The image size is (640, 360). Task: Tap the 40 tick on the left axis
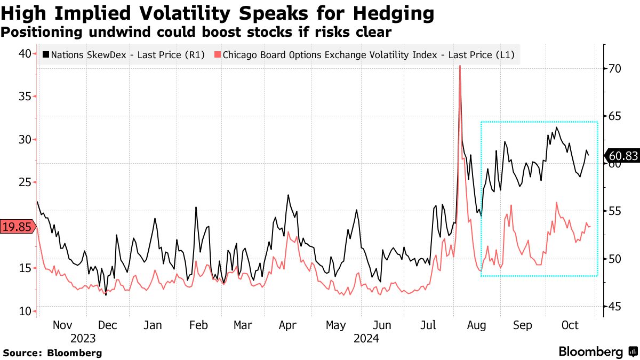[x=25, y=53]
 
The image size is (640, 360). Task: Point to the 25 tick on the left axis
[x=25, y=182]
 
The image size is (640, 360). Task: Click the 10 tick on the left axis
[x=25, y=311]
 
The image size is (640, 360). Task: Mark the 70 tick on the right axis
[x=614, y=68]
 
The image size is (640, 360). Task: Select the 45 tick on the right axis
[x=614, y=306]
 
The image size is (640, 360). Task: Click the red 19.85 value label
[x=16, y=227]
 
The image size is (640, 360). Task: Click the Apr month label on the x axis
[x=288, y=325]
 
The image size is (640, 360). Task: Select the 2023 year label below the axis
[x=83, y=339]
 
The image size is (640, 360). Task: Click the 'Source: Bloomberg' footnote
[x=52, y=353]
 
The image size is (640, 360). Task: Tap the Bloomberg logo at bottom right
[x=597, y=351]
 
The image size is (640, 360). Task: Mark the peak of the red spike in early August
[x=460, y=66]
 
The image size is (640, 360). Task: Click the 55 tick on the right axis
[x=614, y=211]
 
